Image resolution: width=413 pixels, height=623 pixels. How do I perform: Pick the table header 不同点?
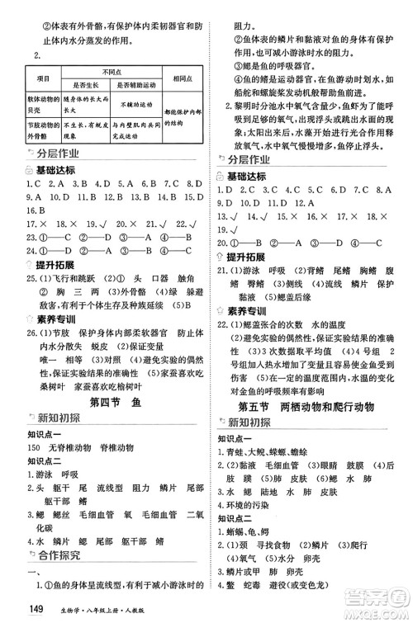tap(111, 71)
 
